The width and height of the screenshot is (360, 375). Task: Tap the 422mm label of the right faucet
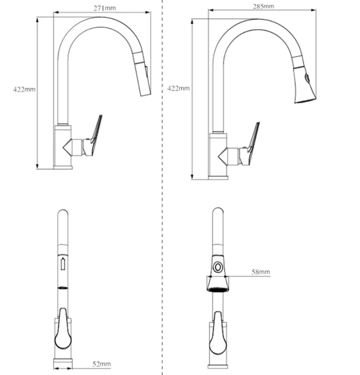coord(179,88)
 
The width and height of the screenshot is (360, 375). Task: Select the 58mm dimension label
coord(261,272)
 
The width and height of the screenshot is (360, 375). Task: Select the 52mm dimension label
coord(102,364)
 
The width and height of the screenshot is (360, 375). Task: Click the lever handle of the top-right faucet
coord(252,143)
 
